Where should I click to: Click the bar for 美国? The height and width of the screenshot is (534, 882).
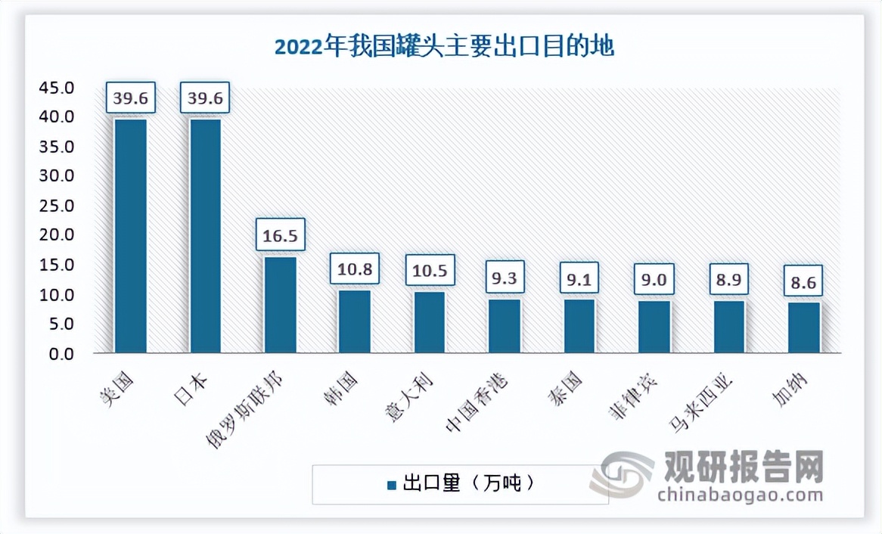[130, 235]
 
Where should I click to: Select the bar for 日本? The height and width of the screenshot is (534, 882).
[205, 235]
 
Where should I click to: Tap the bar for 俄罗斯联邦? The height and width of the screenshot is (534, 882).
[280, 304]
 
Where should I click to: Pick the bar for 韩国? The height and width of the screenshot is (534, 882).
[355, 321]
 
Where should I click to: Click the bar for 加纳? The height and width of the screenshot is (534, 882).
[804, 327]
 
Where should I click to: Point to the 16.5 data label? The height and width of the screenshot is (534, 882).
[280, 235]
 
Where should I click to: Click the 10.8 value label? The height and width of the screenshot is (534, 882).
[355, 269]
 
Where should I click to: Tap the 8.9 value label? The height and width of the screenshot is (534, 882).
[729, 280]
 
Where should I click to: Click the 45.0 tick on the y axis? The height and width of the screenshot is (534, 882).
[57, 88]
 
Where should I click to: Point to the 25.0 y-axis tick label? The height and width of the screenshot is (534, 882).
[57, 206]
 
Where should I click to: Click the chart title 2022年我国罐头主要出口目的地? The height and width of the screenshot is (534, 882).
[444, 47]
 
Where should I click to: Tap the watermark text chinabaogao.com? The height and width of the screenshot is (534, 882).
[741, 495]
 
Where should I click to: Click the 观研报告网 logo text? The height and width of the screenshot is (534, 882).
[743, 466]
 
